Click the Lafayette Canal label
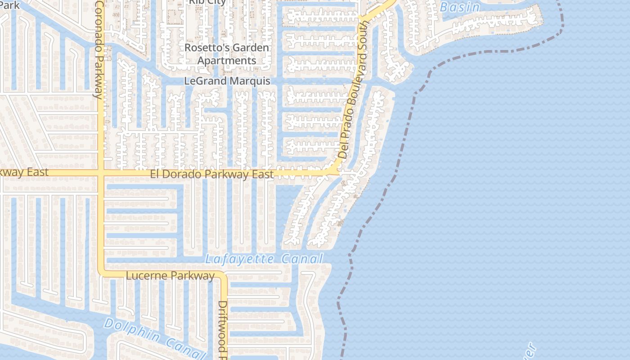[x=264, y=259]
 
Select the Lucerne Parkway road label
[x=170, y=276]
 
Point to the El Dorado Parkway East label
[x=211, y=174]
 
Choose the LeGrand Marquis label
[x=227, y=81]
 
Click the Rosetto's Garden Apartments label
[x=227, y=54]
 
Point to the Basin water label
[x=459, y=7]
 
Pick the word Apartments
[x=227, y=60]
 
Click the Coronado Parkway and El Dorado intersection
[x=101, y=173]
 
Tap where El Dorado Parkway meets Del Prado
[x=335, y=171]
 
